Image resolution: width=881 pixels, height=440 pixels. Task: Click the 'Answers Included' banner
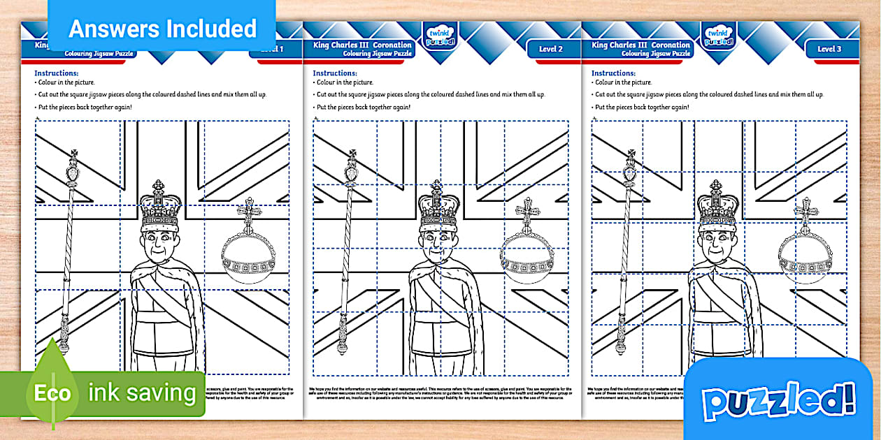tap(162, 29)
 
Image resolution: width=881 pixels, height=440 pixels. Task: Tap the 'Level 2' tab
tap(550, 49)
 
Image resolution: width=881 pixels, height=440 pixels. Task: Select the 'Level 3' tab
tap(829, 49)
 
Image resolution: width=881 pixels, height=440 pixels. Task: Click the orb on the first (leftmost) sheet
tap(249, 251)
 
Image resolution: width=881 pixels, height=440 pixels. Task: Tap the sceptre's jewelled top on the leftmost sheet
tap(73, 168)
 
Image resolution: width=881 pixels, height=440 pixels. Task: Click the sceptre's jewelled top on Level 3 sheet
tap(631, 168)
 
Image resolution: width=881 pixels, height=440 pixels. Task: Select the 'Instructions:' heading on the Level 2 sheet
tap(334, 73)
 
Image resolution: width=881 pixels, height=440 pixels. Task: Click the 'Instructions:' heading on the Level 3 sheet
tap(613, 73)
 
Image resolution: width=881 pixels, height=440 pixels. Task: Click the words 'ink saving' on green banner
tap(142, 393)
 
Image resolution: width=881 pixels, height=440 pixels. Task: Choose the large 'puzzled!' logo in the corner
tap(778, 401)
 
